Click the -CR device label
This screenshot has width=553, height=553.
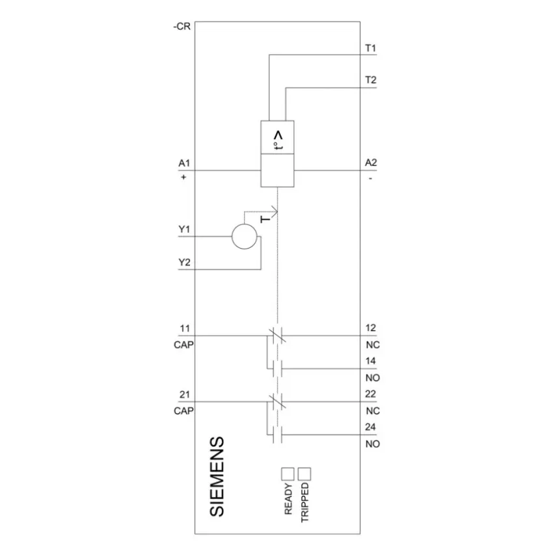182,27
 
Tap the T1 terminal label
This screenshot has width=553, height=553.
371,48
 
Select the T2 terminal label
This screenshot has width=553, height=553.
371,80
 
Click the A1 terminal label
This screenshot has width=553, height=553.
184,163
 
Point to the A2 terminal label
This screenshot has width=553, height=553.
371,163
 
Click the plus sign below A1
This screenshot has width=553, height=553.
183,177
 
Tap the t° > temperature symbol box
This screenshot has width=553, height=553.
278,137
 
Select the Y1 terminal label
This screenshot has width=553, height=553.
184,229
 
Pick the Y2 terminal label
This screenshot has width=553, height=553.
184,262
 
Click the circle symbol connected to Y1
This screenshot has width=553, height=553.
245,237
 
